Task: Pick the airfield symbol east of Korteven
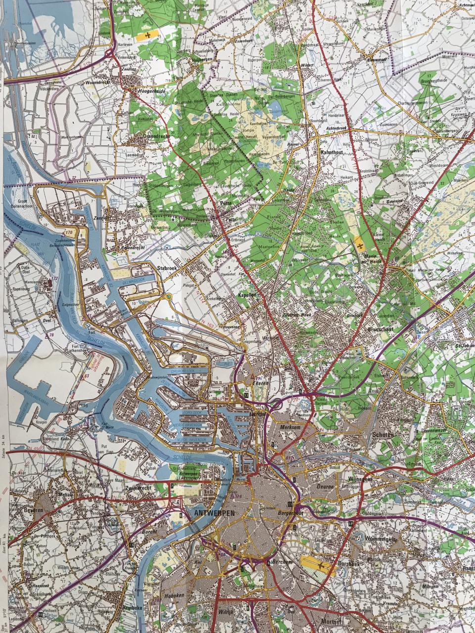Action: tap(148, 36)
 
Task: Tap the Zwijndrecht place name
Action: tap(140, 487)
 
